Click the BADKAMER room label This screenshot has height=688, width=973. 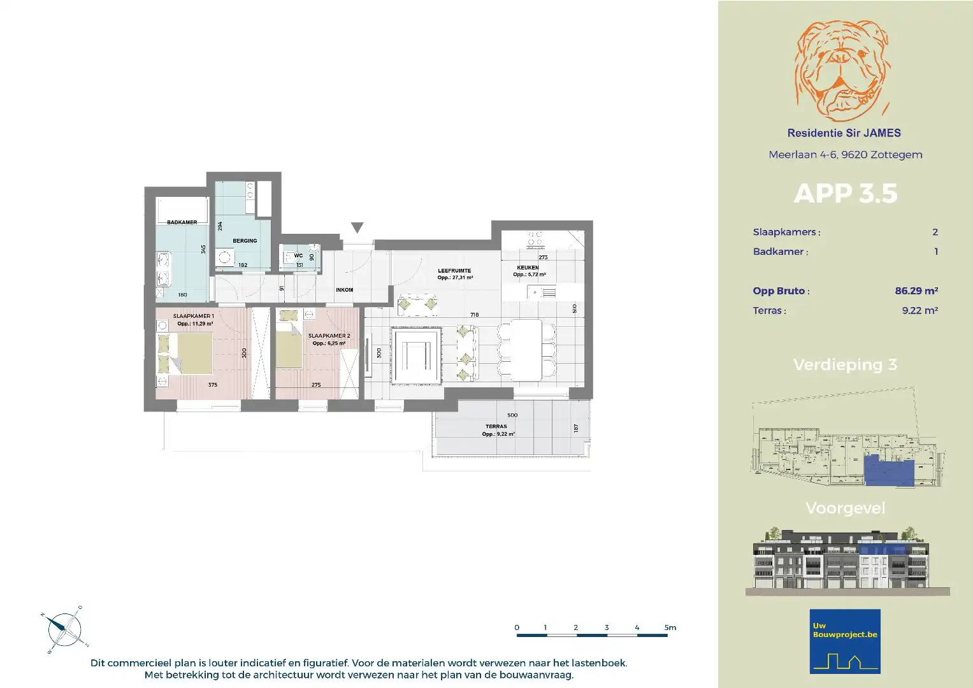[x=182, y=222]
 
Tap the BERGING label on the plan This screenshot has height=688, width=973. [x=245, y=241]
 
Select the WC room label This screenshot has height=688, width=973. [x=298, y=256]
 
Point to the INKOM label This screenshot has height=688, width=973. [x=344, y=290]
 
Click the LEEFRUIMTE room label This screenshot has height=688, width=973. [x=454, y=271]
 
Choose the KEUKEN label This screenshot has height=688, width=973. [x=528, y=268]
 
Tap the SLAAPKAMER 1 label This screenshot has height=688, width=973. [x=193, y=316]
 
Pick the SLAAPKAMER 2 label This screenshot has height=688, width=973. [x=329, y=336]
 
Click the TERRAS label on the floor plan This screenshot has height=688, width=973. [x=496, y=427]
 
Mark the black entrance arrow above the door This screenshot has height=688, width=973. [x=357, y=227]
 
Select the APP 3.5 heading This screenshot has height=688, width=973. [x=845, y=194]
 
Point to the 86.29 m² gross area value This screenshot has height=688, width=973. [x=916, y=290]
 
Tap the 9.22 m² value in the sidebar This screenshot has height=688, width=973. [x=919, y=310]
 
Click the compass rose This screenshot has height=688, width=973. [x=64, y=629]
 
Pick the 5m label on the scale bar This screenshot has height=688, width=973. [x=670, y=627]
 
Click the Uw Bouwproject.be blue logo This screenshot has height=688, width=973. [x=845, y=641]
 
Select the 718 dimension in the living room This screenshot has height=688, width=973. [x=474, y=315]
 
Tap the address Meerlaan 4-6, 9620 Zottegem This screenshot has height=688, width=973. [x=845, y=155]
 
